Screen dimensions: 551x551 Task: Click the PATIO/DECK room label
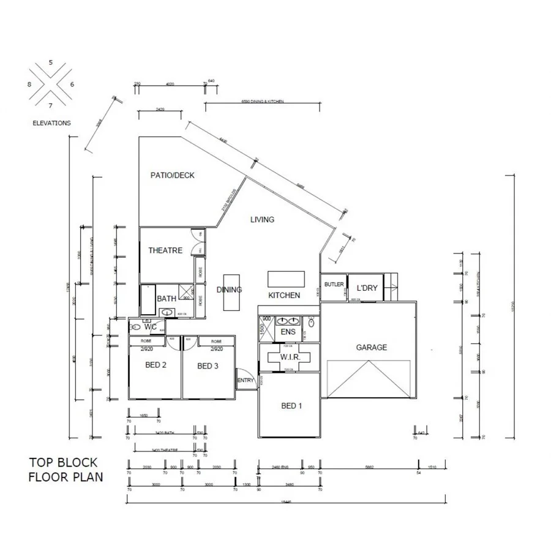[173, 175]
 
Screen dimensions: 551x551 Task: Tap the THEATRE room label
[165, 250]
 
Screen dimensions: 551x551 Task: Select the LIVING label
[262, 219]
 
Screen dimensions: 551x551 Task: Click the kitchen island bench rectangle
[286, 279]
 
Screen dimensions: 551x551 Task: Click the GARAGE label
[372, 347]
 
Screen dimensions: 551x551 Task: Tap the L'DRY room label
[367, 288]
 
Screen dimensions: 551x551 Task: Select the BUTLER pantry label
[334, 285]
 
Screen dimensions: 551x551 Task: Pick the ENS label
[288, 332]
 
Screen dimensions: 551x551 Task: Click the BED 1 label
[291, 406]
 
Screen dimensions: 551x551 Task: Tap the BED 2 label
[156, 365]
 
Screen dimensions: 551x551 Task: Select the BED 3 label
[208, 366]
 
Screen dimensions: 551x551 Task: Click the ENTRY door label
[246, 380]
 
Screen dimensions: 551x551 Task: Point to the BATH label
[167, 299]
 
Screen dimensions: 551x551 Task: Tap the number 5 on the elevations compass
[51, 62]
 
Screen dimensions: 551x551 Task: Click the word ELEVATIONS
[51, 123]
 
